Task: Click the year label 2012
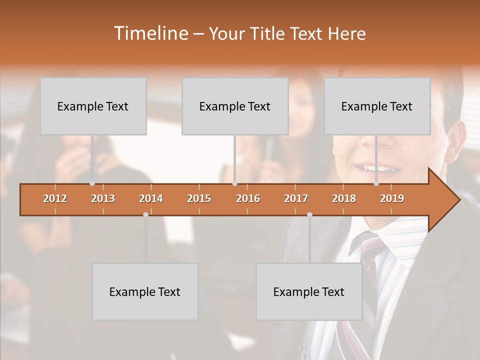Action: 55,198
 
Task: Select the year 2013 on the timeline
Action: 103,198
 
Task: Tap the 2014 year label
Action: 151,198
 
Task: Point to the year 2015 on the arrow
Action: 199,198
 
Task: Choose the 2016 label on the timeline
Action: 248,198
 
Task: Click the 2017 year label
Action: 296,198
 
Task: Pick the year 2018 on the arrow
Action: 344,198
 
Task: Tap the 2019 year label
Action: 392,198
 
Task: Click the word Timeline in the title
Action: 150,33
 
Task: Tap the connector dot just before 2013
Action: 92,183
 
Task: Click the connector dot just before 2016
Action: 234,183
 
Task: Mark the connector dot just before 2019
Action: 376,183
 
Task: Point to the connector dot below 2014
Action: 145,214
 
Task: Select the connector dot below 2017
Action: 309,214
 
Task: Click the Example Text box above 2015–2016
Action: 235,106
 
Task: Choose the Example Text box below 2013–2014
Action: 145,291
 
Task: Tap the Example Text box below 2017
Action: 309,291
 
